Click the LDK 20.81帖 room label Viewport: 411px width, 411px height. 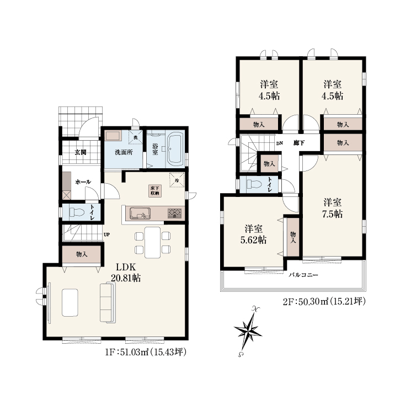126,273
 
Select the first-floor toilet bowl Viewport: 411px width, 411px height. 77,212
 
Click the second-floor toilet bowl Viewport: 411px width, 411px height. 254,184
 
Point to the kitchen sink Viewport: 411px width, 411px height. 140,213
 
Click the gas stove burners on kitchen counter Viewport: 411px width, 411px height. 175,213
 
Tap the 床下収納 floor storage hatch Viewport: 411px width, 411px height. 154,191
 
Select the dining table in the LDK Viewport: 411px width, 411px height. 153,242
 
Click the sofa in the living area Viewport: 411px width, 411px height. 108,302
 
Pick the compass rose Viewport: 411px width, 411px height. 248,331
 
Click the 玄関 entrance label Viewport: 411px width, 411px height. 81,152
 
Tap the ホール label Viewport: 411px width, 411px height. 83,182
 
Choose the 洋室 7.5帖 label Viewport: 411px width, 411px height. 332,209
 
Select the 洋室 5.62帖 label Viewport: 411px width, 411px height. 253,234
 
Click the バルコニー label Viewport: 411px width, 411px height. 303,275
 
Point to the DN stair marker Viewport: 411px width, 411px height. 280,143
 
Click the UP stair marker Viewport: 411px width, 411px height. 106,234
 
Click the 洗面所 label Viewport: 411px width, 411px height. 124,152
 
